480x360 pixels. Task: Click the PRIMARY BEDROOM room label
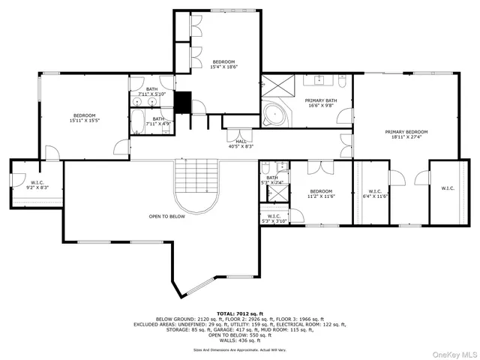pos(403,135)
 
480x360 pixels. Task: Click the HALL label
pos(241,144)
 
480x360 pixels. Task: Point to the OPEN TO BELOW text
pos(166,217)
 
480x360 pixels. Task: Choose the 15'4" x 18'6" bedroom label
pos(223,64)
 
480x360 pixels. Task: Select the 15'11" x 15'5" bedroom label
pos(84,118)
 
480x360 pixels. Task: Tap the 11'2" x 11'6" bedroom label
pos(320,193)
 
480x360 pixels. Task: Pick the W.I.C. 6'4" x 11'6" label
pos(374,193)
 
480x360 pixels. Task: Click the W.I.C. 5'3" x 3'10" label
pos(272,218)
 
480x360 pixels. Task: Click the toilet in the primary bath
pos(346,117)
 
